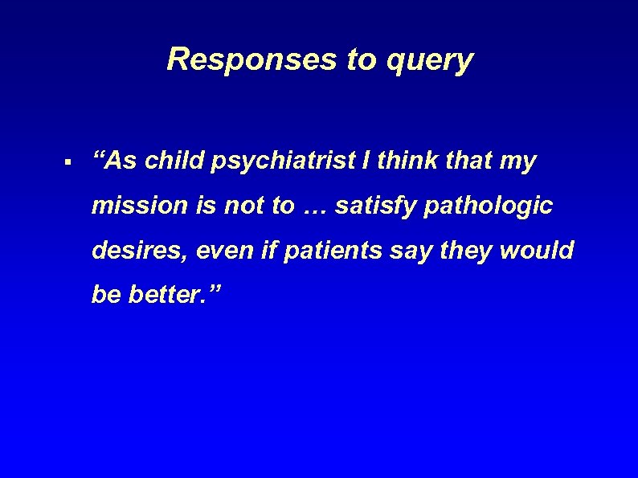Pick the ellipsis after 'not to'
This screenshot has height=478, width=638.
click(x=315, y=207)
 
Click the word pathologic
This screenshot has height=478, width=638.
click(x=485, y=206)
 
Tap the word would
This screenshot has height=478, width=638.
click(x=537, y=251)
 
